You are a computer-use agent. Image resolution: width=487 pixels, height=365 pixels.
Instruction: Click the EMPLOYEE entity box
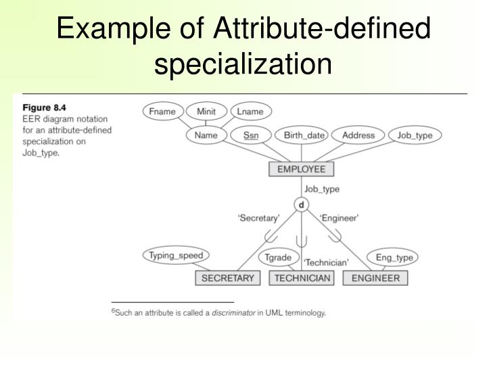tap(301, 169)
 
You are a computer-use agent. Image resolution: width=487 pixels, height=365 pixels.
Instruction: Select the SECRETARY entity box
tap(228, 278)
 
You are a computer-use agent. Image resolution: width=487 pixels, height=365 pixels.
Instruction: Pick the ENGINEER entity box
tap(375, 278)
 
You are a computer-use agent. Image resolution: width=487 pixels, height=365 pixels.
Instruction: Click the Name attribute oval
tap(206, 135)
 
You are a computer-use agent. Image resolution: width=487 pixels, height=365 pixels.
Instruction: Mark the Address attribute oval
tap(358, 135)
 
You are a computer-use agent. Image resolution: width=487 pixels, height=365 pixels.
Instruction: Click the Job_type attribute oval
tap(415, 135)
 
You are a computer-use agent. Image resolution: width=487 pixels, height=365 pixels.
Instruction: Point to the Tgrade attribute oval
tap(277, 258)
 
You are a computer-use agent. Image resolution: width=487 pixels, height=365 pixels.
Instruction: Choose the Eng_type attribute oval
tap(392, 258)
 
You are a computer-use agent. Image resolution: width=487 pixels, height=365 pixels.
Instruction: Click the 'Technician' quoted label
tap(326, 262)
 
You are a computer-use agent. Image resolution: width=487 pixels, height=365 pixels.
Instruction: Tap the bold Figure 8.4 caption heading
tap(46, 106)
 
